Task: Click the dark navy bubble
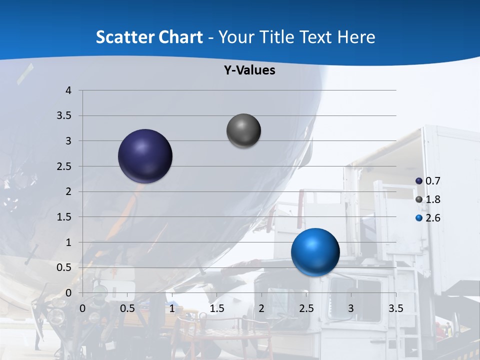coord(145,156)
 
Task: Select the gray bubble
coord(243,131)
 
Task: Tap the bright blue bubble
coord(315,252)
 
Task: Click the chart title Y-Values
coord(249,70)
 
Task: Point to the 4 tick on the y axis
coord(69,90)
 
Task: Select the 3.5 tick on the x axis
coord(396,308)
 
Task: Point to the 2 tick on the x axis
coord(261,308)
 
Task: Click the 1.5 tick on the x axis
coord(217,308)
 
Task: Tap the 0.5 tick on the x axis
coord(127,308)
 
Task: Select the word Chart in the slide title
coord(180,37)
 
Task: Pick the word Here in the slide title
coord(356,37)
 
